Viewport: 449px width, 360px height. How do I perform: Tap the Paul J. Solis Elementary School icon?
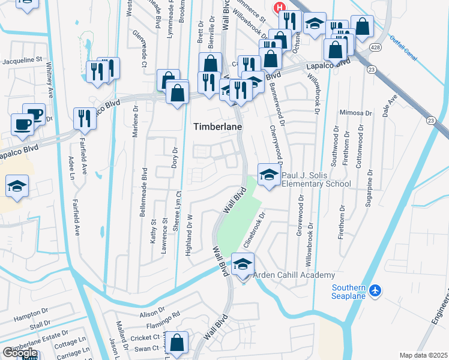pos(268,175)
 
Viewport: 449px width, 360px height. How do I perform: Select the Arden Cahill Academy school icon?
pos(243,265)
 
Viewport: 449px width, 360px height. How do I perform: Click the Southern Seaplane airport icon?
pos(375,290)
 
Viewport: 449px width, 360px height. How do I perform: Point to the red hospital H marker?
pos(279,8)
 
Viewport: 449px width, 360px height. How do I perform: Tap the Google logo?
pos(19,353)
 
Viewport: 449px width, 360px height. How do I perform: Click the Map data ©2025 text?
pos(423,355)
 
